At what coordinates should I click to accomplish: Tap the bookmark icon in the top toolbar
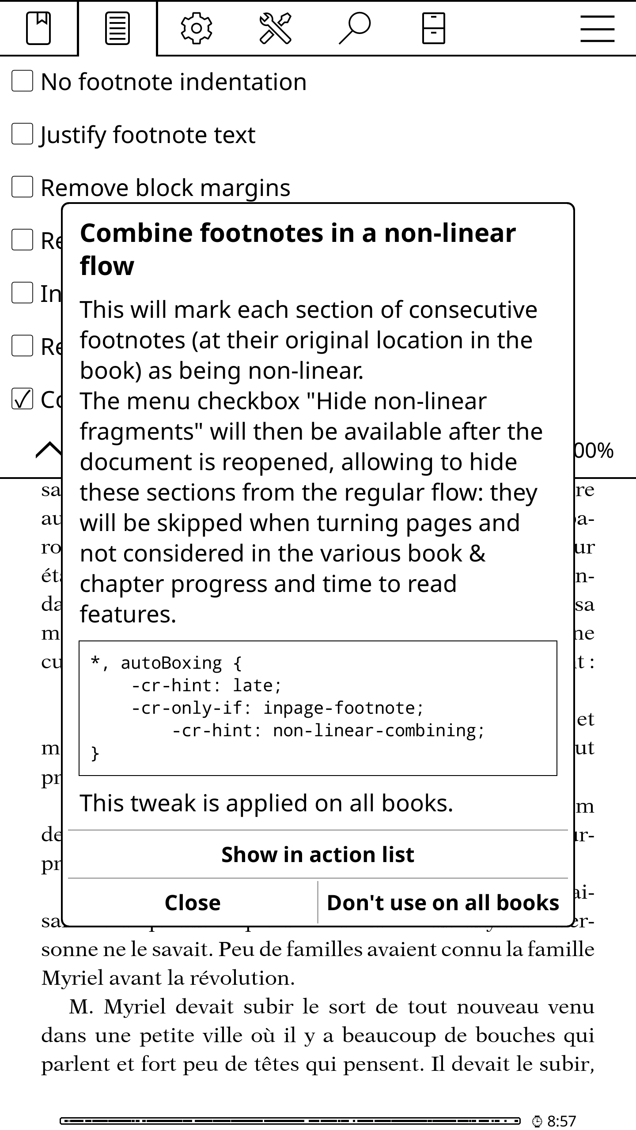[38, 28]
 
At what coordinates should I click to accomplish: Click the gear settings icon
[196, 28]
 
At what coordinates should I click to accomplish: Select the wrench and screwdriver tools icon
[275, 28]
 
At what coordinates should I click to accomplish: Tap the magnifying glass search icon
[354, 28]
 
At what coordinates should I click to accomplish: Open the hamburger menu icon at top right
[597, 28]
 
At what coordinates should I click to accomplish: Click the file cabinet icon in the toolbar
[433, 28]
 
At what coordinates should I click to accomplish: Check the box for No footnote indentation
[22, 82]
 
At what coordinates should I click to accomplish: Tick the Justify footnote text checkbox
[22, 134]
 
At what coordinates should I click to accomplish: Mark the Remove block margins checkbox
[22, 187]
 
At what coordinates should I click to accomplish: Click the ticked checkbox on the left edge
[22, 399]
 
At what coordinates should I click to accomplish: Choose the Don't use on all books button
[443, 903]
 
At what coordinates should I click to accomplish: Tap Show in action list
[318, 855]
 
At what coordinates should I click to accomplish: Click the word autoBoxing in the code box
[171, 663]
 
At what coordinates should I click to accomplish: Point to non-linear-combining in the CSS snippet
[379, 731]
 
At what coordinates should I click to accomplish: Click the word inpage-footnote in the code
[343, 708]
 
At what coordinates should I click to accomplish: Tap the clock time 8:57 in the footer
[561, 1121]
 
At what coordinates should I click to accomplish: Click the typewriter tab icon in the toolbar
[117, 28]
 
